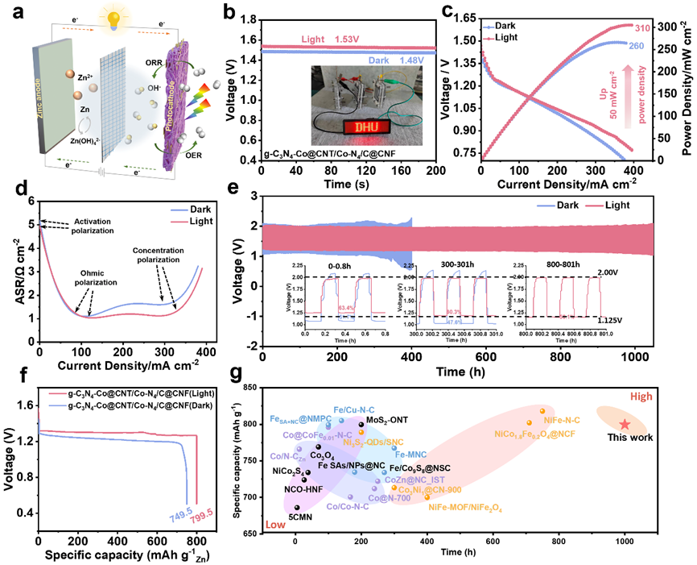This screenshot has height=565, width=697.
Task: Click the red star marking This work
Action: pos(625,424)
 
